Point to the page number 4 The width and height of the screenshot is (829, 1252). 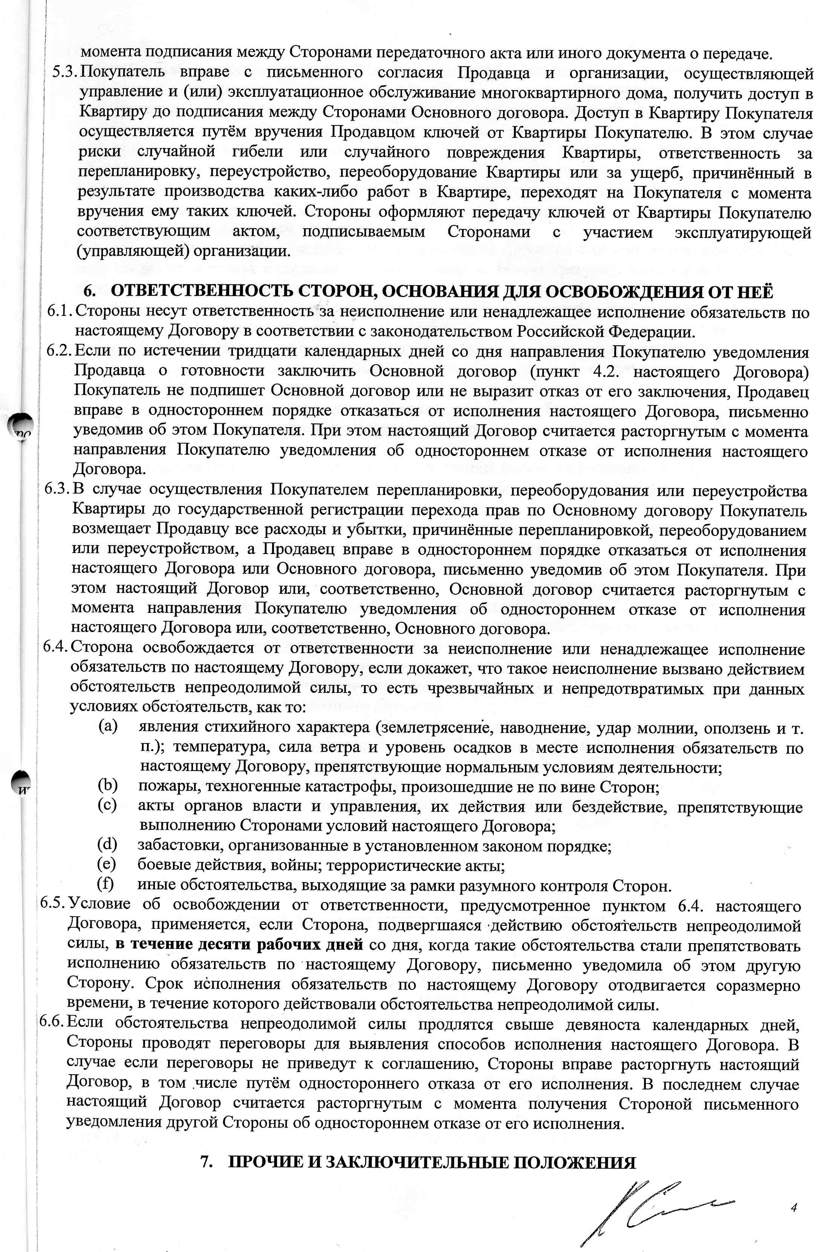pos(794,1192)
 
